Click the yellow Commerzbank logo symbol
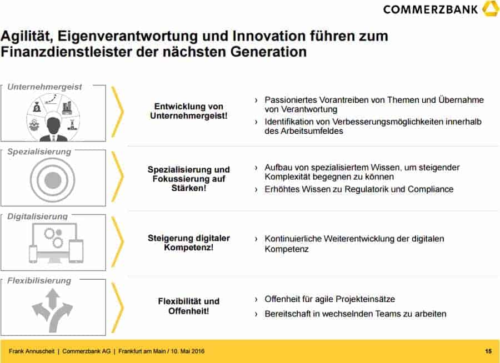pyautogui.click(x=491, y=8)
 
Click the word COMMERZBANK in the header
pyautogui.click(x=431, y=9)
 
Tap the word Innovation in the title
pyautogui.click(x=269, y=36)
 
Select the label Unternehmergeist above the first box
pyautogui.click(x=44, y=87)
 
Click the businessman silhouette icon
pyautogui.click(x=53, y=129)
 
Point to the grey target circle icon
pyautogui.click(x=53, y=180)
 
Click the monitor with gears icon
pyautogui.click(x=56, y=243)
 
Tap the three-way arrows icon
pyautogui.click(x=52, y=310)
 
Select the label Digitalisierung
pyautogui.click(x=38, y=216)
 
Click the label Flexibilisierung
pyautogui.click(x=39, y=281)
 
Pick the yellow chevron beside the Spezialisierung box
pyautogui.click(x=118, y=177)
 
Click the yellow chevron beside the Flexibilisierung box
pyautogui.click(x=118, y=307)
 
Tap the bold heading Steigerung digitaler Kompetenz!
pyautogui.click(x=189, y=243)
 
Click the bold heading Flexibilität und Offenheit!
pyautogui.click(x=189, y=306)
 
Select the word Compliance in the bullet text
pyautogui.click(x=431, y=189)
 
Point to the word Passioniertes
pyautogui.click(x=291, y=100)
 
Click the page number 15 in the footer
pyautogui.click(x=488, y=351)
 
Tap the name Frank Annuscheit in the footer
pyautogui.click(x=32, y=351)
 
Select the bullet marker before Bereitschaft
pyautogui.click(x=256, y=314)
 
